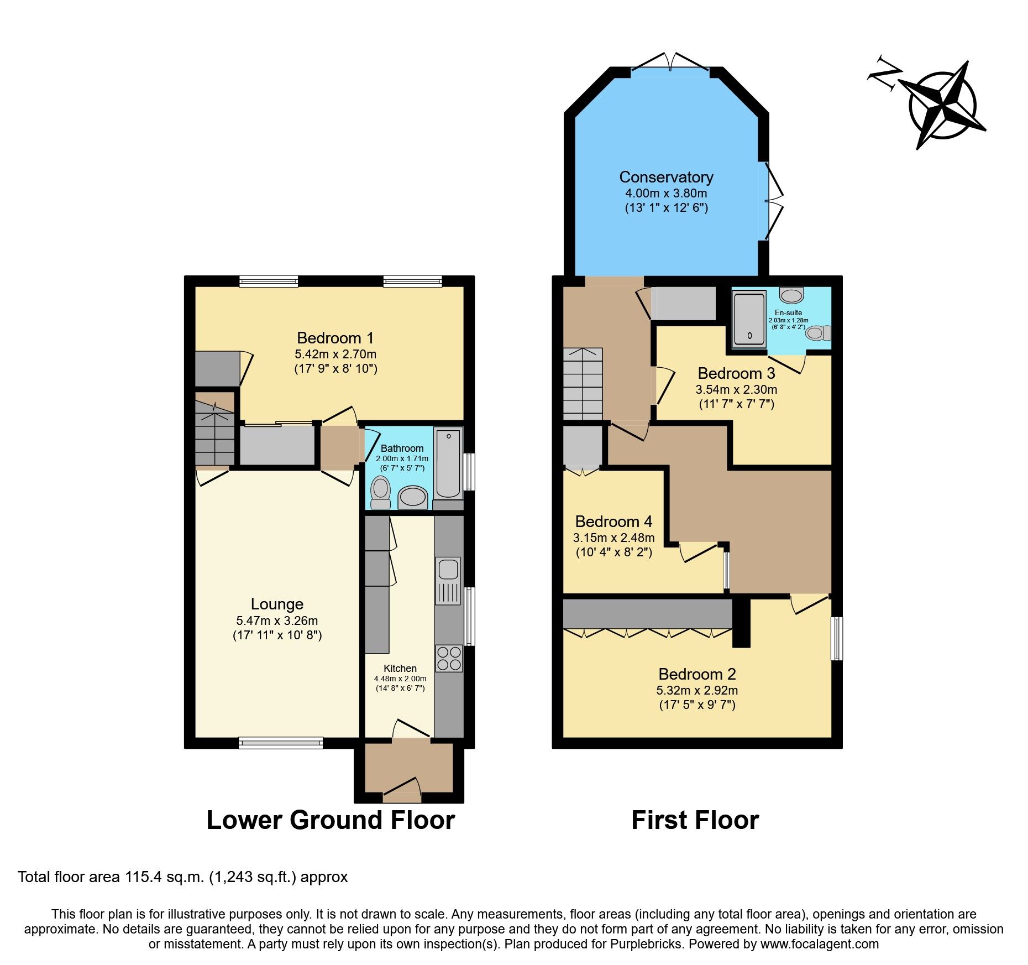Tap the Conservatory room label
[666, 177]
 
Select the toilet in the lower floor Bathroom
[380, 492]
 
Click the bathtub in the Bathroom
[448, 463]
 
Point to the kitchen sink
[448, 570]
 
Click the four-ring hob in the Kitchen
[448, 658]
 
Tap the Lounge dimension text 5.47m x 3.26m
[277, 620]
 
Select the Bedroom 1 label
[335, 338]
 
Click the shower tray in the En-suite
[749, 320]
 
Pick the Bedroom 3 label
[736, 373]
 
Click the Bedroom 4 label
[613, 521]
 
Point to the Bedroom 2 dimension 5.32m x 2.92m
[697, 690]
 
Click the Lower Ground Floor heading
[331, 820]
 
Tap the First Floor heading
[695, 820]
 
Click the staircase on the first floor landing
[583, 383]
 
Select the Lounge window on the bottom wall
[281, 743]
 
